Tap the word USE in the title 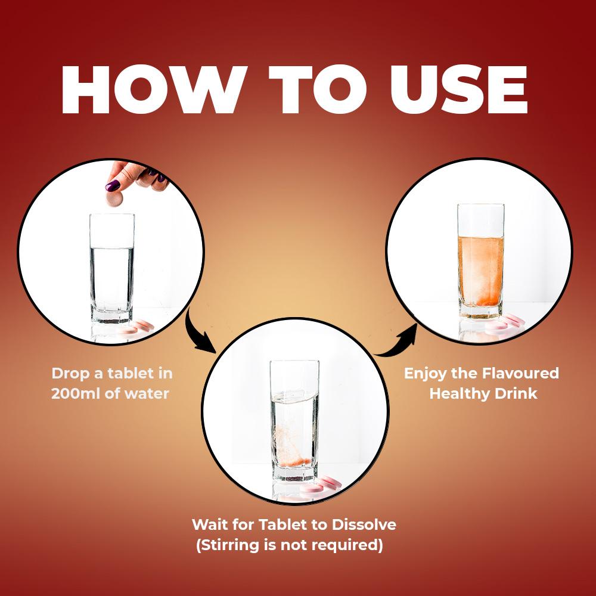pos(459,90)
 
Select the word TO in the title pos(318,90)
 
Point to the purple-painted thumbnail pos(113,185)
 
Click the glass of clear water pos(112,268)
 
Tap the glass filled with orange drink pos(481,261)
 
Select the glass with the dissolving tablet pos(294,421)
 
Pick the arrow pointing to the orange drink pos(399,344)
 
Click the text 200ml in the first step pos(76,393)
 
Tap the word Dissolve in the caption pos(364,524)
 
